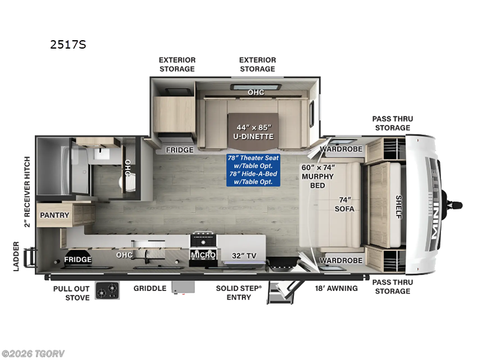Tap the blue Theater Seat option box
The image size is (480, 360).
point(254,170)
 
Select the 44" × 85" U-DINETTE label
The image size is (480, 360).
point(254,131)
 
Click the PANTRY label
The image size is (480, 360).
point(55,215)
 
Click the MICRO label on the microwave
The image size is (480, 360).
point(203,255)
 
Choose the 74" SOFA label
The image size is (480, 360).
point(344,203)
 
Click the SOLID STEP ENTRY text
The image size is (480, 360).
point(239,293)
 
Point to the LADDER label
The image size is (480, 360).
point(17,256)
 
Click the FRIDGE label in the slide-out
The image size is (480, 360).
point(180,149)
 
